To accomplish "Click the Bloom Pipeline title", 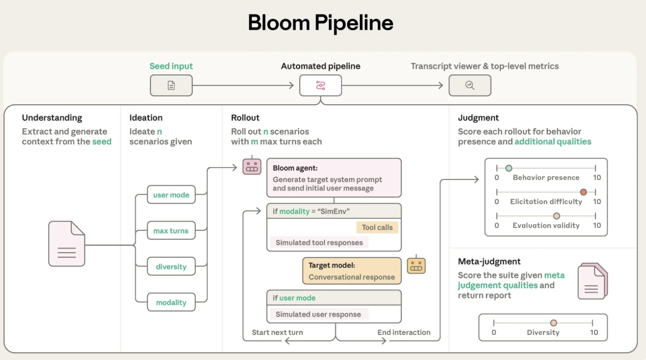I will [x=320, y=23].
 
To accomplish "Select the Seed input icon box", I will [x=171, y=85].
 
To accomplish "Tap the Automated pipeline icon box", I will [x=320, y=85].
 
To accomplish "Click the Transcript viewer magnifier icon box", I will [x=470, y=85].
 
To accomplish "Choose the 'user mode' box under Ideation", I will [x=171, y=195].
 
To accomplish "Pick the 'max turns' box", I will [x=171, y=230].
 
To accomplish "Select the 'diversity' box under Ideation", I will [x=171, y=267].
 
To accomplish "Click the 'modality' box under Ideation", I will [x=171, y=302].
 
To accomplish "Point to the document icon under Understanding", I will [x=66, y=244].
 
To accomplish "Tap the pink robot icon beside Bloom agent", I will [x=252, y=167].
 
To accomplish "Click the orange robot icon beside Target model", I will [x=416, y=266].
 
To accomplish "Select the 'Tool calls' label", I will [x=377, y=228].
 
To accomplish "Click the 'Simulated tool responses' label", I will [x=319, y=243].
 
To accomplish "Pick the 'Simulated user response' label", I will [x=318, y=314].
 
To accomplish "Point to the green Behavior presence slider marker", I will [x=509, y=168].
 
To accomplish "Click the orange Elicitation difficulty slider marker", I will [x=583, y=192].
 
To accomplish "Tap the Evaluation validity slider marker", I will [x=556, y=216].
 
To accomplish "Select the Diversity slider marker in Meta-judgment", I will [x=553, y=323].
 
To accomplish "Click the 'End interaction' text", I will [x=404, y=332].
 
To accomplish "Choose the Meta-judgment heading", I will [x=489, y=262].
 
